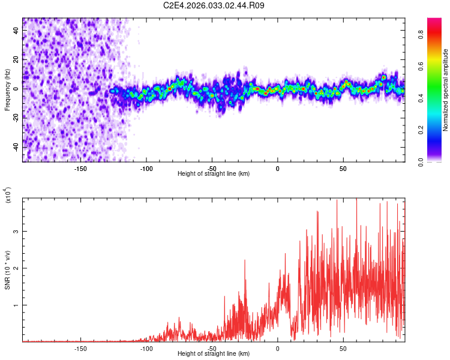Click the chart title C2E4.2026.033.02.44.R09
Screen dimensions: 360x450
coord(214,5)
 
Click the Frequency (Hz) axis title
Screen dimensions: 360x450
coord(7,90)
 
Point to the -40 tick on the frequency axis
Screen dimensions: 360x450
coord(16,147)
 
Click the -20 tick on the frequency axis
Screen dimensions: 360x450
coord(16,118)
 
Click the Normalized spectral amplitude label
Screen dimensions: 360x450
coord(446,90)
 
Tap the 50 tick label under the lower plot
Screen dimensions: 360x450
coord(343,348)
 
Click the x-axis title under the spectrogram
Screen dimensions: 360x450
coord(214,174)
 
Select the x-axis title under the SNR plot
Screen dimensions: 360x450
coord(214,354)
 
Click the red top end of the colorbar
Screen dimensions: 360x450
coord(434,20)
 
